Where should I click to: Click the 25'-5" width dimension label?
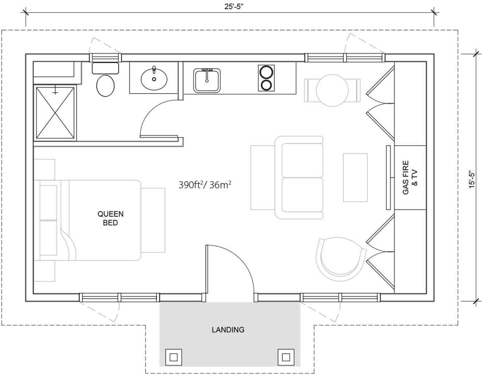pos(233,7)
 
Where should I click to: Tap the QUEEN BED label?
pos(111,218)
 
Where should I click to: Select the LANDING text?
pos(228,330)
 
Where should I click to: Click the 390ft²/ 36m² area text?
pos(205,185)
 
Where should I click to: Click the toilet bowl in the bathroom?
pos(105,86)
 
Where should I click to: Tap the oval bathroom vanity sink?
pos(154,79)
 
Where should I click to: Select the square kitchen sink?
pos(207,80)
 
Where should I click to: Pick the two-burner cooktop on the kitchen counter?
pos(266,78)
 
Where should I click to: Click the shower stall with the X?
pos(55,112)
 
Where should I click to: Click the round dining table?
pos(332,90)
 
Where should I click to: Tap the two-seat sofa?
pos(299,177)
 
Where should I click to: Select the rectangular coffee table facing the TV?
pos(355,177)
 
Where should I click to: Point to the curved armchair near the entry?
pos(341,260)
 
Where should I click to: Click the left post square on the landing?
pos(174,357)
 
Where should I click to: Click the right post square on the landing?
pos(286,357)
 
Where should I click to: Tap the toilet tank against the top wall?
pos(105,68)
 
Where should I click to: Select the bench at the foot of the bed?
pos(153,220)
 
